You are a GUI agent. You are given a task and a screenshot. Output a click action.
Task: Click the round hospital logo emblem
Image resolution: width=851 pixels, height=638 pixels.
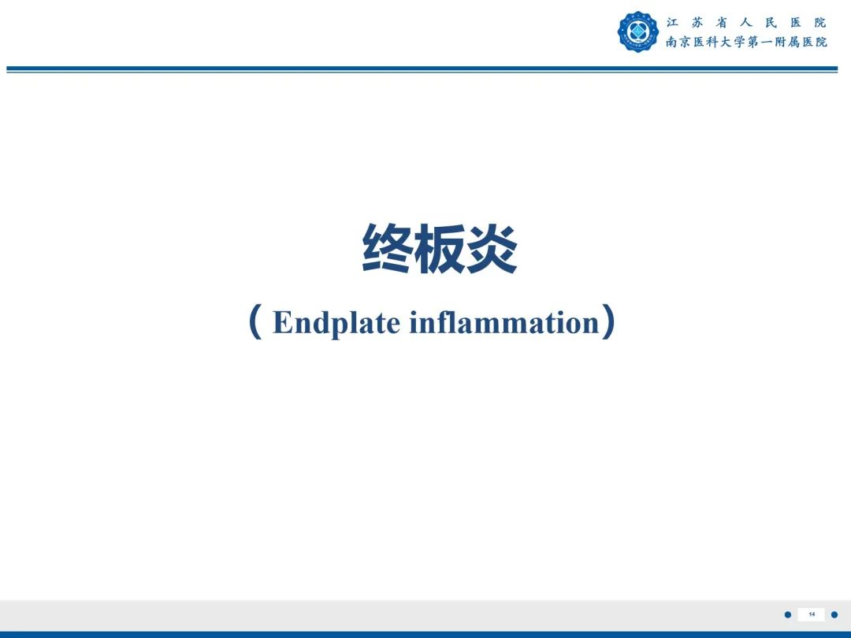[637, 32]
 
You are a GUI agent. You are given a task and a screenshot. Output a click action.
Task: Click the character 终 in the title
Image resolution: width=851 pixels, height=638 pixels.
[387, 249]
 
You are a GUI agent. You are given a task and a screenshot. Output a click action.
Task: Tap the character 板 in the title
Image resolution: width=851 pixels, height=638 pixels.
[439, 249]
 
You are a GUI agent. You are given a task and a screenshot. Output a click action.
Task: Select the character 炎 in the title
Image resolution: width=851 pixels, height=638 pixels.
[491, 249]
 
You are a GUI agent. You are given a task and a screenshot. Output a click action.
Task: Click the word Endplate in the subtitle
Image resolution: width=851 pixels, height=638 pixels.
[336, 324]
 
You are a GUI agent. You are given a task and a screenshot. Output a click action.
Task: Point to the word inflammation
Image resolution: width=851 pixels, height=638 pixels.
[504, 323]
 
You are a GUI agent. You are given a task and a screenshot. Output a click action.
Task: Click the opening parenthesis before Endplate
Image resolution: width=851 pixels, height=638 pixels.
[255, 323]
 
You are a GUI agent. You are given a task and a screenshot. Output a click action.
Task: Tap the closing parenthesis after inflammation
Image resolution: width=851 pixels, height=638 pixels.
[608, 323]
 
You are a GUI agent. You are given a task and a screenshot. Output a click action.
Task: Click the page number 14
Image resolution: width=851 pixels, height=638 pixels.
[812, 614]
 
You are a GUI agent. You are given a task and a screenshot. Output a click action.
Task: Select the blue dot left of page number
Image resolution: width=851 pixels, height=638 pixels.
[787, 614]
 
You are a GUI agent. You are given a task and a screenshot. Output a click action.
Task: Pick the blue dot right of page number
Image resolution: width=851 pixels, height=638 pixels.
[834, 614]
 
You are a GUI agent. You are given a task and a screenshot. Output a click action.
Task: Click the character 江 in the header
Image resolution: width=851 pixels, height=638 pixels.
[672, 22]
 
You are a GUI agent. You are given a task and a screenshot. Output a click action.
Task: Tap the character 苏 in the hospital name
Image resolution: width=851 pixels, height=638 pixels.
[697, 22]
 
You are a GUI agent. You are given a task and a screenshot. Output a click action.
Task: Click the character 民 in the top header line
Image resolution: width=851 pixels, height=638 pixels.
[771, 22]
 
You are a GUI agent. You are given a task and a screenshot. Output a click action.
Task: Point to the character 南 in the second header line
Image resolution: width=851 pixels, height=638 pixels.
[672, 42]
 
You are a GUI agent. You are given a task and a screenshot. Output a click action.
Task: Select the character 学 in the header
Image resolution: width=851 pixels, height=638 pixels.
[738, 42]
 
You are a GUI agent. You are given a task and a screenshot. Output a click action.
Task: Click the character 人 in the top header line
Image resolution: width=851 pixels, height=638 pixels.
[746, 22]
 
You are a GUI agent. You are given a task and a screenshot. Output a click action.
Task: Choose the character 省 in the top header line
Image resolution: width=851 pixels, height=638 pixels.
[722, 22]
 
